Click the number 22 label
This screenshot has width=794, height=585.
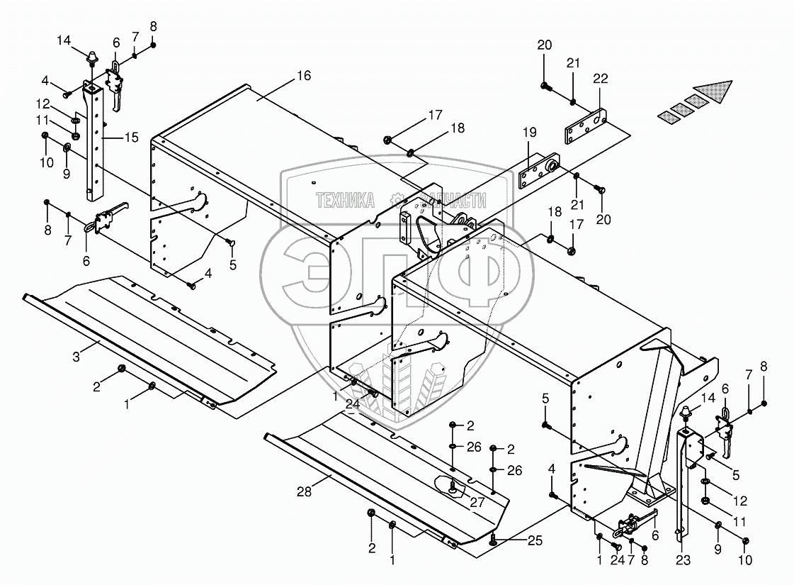pos(601,79)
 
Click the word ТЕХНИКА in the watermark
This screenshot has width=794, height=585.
pos(345,201)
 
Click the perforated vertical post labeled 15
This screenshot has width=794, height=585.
pos(91,142)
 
